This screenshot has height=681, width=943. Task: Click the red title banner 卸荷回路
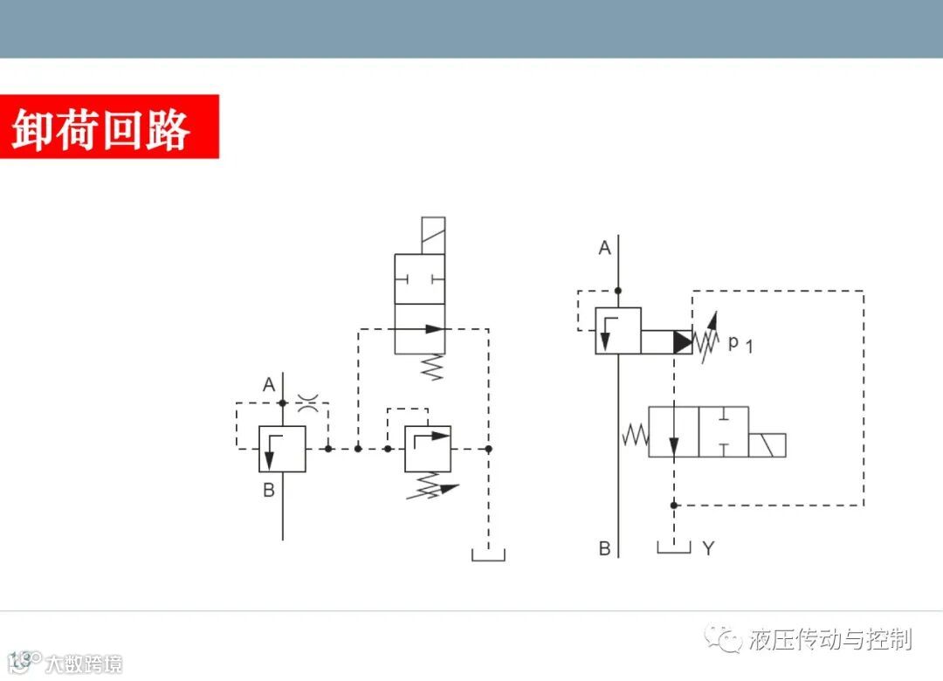click(109, 127)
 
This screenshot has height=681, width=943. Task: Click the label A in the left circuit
click(269, 384)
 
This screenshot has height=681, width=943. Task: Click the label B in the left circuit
click(269, 490)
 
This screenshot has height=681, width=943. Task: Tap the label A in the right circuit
click(604, 249)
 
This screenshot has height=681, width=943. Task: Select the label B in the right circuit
click(604, 548)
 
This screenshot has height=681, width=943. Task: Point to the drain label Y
click(708, 548)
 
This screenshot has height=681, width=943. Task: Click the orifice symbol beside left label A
click(307, 402)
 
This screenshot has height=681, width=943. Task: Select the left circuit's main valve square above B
click(282, 449)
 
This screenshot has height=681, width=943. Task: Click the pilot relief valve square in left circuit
click(428, 449)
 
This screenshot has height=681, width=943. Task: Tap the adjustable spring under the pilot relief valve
click(430, 487)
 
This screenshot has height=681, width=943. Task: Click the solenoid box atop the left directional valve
click(432, 236)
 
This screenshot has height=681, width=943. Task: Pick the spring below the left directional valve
click(432, 368)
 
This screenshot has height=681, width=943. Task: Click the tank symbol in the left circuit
click(488, 554)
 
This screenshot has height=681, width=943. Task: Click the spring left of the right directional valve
click(635, 432)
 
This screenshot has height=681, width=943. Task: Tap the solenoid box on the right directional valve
click(767, 444)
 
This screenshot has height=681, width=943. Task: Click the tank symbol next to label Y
click(674, 547)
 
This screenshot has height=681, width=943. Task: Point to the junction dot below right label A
click(618, 291)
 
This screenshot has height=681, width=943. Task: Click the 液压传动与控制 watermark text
click(829, 640)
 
